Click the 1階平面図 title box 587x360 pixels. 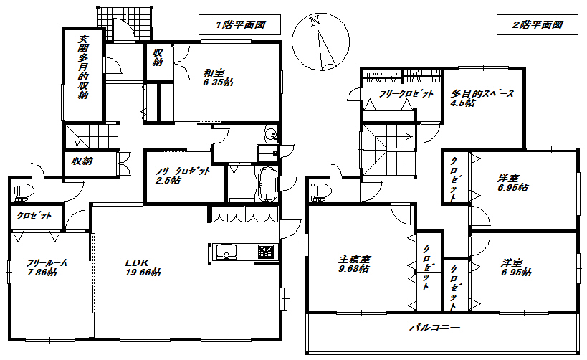pyautogui.click(x=239, y=24)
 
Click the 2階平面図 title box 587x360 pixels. pyautogui.click(x=538, y=24)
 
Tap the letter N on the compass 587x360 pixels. pyautogui.click(x=315, y=21)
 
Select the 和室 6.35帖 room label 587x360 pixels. pyautogui.click(x=219, y=77)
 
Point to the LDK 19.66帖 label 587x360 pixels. pyautogui.click(x=143, y=267)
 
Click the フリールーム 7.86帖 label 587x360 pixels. pyautogui.click(x=47, y=267)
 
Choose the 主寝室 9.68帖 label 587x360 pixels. pyautogui.click(x=354, y=264)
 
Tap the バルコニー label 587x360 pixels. pyautogui.click(x=434, y=328)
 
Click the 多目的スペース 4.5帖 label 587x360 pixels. pyautogui.click(x=482, y=98)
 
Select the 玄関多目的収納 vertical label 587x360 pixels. pyautogui.click(x=82, y=67)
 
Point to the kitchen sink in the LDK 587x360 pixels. pyautogui.click(x=225, y=252)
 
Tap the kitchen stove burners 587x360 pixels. pyautogui.click(x=267, y=252)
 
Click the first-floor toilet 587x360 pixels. pyautogui.click(x=23, y=191)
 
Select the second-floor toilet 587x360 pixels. pyautogui.click(x=321, y=191)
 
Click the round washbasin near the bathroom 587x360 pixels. pyautogui.click(x=271, y=134)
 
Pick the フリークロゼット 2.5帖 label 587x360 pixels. pyautogui.click(x=183, y=176)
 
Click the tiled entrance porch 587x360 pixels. pyautogui.click(x=125, y=23)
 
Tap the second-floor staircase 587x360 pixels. pyautogui.click(x=388, y=150)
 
